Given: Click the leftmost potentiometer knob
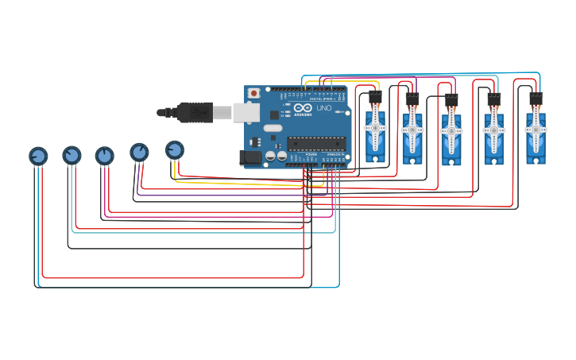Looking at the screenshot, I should point(38,156).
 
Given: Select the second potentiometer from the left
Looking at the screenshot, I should point(72,155).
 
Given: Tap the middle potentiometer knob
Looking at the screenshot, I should point(105,156).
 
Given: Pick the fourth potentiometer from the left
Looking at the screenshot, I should point(139,152).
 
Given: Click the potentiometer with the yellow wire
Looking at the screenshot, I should point(174,149).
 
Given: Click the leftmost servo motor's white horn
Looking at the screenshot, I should point(375,128).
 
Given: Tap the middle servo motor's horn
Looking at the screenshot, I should point(451,130).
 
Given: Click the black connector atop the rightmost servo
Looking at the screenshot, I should point(535,98).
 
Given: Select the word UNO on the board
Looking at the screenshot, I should point(323,107).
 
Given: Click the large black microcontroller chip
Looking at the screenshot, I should point(315,143).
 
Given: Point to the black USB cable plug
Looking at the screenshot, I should point(195,113).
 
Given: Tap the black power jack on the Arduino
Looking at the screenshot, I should point(252,157).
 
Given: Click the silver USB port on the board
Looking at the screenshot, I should point(247,112).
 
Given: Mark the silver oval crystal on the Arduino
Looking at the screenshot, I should point(273,127).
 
